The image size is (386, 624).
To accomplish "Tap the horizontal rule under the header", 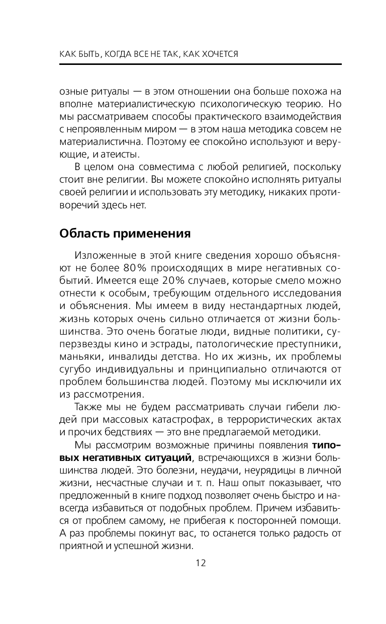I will (201, 63).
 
